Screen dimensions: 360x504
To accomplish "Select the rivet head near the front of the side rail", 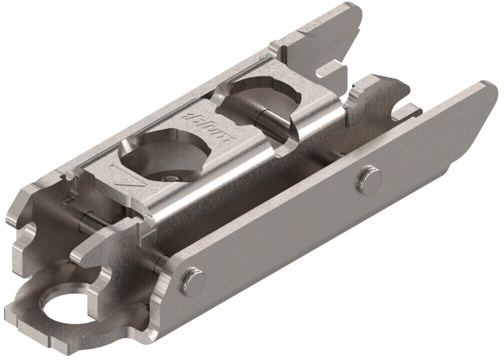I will click(x=192, y=281).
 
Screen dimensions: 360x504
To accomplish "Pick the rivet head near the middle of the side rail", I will click(x=368, y=178).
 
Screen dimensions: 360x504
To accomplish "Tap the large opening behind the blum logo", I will click(x=260, y=100).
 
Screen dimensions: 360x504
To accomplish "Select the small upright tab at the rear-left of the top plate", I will click(x=275, y=50).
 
